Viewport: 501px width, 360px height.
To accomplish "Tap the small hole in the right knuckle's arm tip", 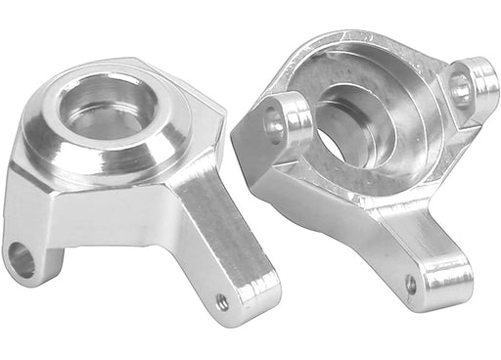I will (410, 285).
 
